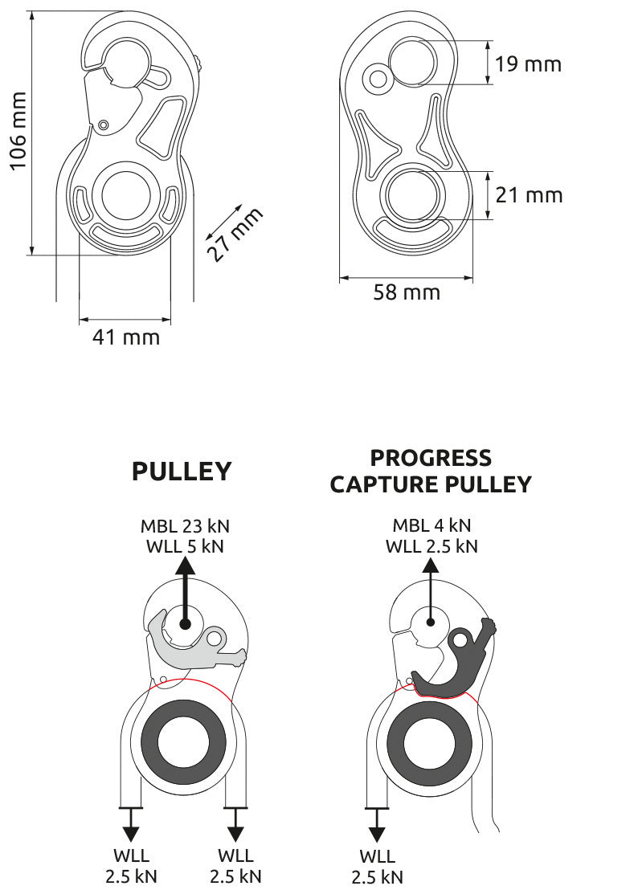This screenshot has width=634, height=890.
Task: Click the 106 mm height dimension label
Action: coord(17,130)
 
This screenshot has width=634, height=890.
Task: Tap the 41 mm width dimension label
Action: coord(125,337)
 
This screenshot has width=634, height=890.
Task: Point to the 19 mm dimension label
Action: coord(528,63)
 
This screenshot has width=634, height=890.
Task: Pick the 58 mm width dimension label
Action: coord(407,292)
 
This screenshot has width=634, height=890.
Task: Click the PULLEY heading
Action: coord(182,472)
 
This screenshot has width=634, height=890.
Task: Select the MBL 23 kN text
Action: coord(184,526)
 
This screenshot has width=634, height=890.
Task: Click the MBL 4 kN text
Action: coord(432,526)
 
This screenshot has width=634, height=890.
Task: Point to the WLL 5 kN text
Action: coord(184,546)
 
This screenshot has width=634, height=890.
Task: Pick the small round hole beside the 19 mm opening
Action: coord(375,78)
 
